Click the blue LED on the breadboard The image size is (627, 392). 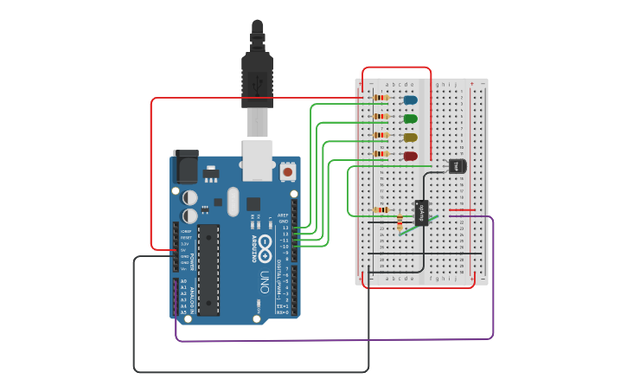(x=410, y=100)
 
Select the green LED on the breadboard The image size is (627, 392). (x=410, y=119)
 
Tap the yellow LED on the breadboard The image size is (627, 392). (x=410, y=138)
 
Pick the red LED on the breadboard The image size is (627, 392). (x=410, y=157)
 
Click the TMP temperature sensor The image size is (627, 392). (x=457, y=165)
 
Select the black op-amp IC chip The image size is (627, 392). (x=422, y=212)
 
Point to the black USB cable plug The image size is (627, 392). (x=258, y=78)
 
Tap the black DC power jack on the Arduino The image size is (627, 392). (x=186, y=166)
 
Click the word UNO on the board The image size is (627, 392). (x=265, y=281)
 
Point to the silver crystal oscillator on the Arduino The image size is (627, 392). (x=233, y=201)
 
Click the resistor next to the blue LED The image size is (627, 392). (x=381, y=99)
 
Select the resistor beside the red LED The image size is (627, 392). (x=381, y=154)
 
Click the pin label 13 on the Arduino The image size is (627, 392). (x=285, y=228)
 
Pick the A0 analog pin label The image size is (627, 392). (x=183, y=281)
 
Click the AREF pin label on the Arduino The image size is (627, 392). (x=283, y=215)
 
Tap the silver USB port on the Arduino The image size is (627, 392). (x=258, y=160)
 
